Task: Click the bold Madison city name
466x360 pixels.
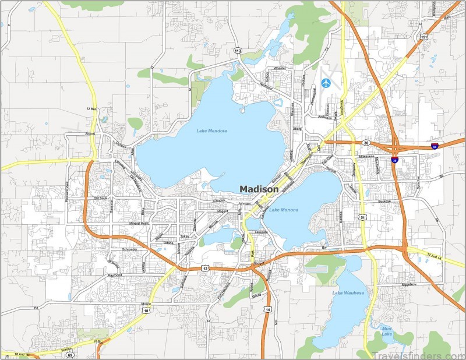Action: click(259, 189)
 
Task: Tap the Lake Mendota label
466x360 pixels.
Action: click(211, 130)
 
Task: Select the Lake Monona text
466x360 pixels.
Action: click(284, 210)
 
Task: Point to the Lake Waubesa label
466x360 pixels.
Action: click(348, 292)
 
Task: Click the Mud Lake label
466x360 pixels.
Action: click(387, 331)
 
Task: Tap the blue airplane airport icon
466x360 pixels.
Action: click(325, 83)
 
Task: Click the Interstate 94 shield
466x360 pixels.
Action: click(435, 146)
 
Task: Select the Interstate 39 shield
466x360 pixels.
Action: click(395, 160)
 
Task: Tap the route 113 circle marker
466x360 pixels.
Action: click(238, 51)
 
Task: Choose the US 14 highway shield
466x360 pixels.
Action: click(267, 309)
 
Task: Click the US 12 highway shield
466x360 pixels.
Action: click(205, 267)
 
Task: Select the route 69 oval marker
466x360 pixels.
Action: click(70, 354)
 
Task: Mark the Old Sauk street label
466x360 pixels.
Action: click(100, 199)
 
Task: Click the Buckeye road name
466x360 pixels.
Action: click(384, 202)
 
